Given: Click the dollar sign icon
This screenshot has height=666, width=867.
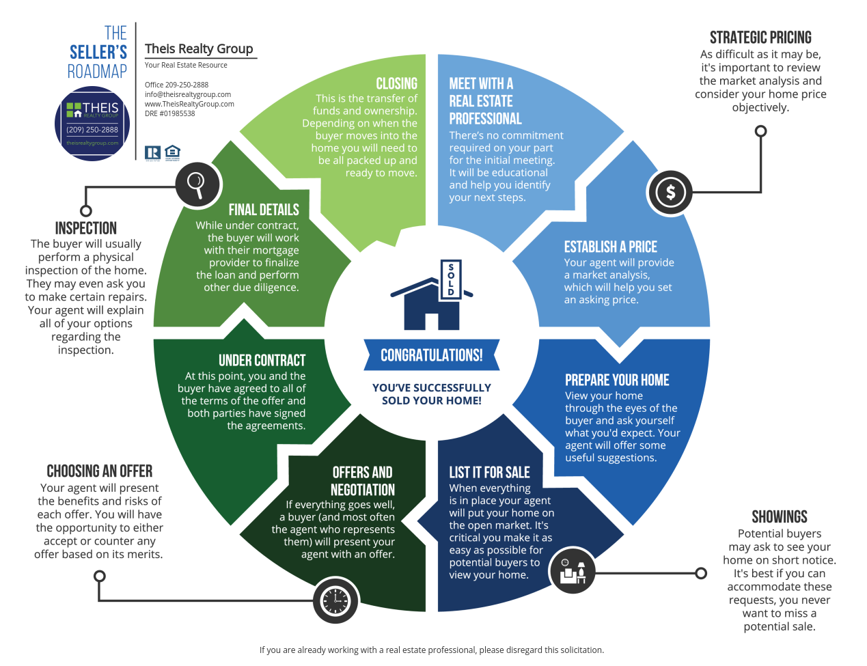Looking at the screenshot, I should (x=670, y=193).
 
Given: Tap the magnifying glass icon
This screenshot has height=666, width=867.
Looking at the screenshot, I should (x=197, y=184).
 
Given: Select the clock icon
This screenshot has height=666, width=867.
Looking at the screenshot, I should (x=335, y=601).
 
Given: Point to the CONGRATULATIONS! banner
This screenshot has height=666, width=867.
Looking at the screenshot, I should (x=431, y=355).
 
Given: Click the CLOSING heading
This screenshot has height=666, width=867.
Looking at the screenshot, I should (x=396, y=83).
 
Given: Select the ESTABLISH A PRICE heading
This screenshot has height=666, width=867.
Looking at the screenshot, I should (x=610, y=247).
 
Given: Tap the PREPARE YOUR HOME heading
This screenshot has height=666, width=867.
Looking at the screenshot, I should (x=617, y=380).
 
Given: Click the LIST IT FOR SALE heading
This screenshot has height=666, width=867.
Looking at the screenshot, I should (x=489, y=472).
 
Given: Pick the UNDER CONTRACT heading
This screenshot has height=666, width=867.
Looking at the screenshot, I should (x=262, y=360).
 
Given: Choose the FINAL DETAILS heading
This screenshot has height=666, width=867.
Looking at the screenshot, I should (x=264, y=210).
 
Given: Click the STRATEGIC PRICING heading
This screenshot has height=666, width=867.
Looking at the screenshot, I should (x=760, y=38).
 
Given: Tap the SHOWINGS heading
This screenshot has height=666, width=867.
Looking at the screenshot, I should (x=780, y=516).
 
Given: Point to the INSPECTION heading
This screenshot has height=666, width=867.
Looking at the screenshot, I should (x=86, y=228).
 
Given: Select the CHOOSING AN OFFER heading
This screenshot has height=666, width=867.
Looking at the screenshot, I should (x=100, y=471).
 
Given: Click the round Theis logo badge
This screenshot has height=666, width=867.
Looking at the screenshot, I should (x=92, y=123).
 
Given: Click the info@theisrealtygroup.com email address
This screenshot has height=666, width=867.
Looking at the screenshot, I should (x=188, y=94).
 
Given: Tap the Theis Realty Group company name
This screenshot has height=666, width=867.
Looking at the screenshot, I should (x=199, y=48).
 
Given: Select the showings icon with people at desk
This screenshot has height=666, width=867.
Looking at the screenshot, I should (x=573, y=571).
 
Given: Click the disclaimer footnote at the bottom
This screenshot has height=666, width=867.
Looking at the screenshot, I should (x=432, y=650).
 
